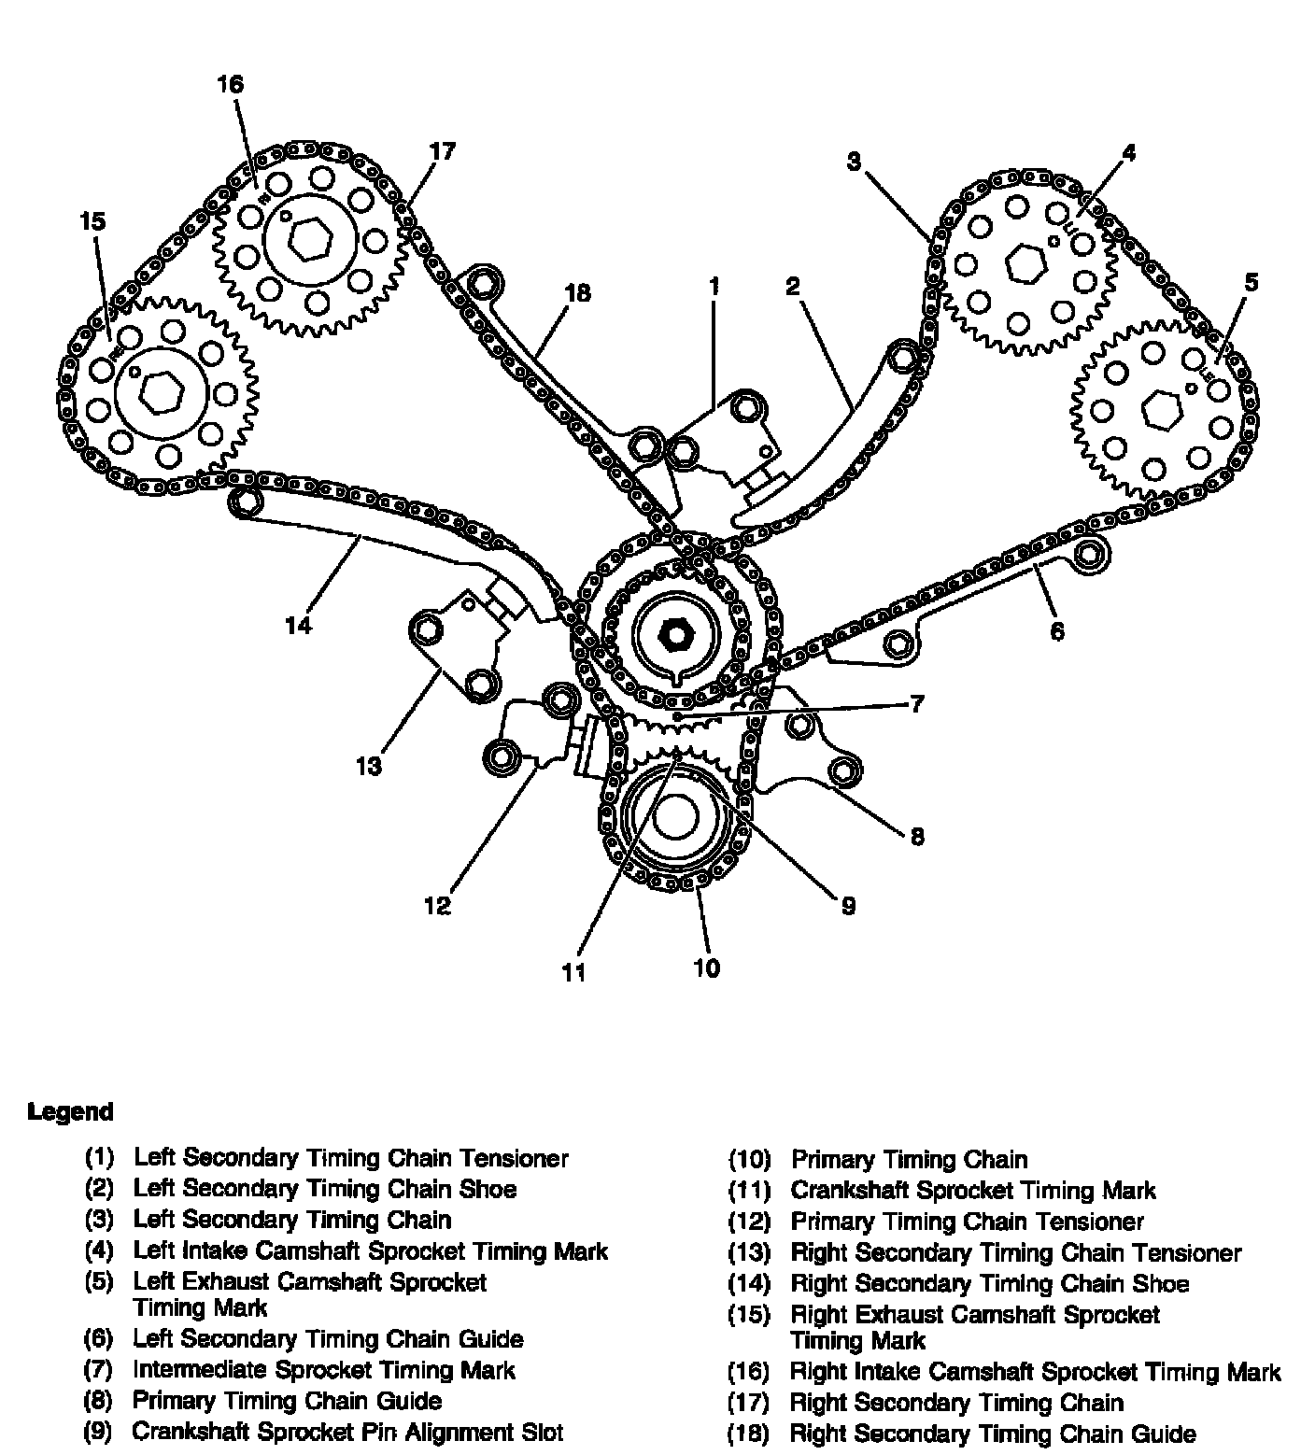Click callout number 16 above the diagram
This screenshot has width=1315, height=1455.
(230, 84)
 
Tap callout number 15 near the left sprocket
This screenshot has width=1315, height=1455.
(92, 221)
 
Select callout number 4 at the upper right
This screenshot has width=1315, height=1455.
(1128, 152)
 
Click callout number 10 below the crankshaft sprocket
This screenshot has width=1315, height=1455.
(707, 968)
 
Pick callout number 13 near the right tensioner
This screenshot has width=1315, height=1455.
(369, 767)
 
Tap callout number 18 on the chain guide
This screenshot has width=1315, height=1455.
(578, 292)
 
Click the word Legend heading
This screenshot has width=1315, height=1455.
(70, 1112)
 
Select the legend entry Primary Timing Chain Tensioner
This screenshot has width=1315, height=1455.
(967, 1222)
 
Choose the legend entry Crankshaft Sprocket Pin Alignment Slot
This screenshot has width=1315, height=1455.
(347, 1432)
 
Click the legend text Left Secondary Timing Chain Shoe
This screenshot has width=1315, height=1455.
(324, 1189)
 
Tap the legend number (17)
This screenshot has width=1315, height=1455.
(749, 1403)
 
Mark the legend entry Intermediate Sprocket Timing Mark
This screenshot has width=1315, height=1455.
(323, 1370)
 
